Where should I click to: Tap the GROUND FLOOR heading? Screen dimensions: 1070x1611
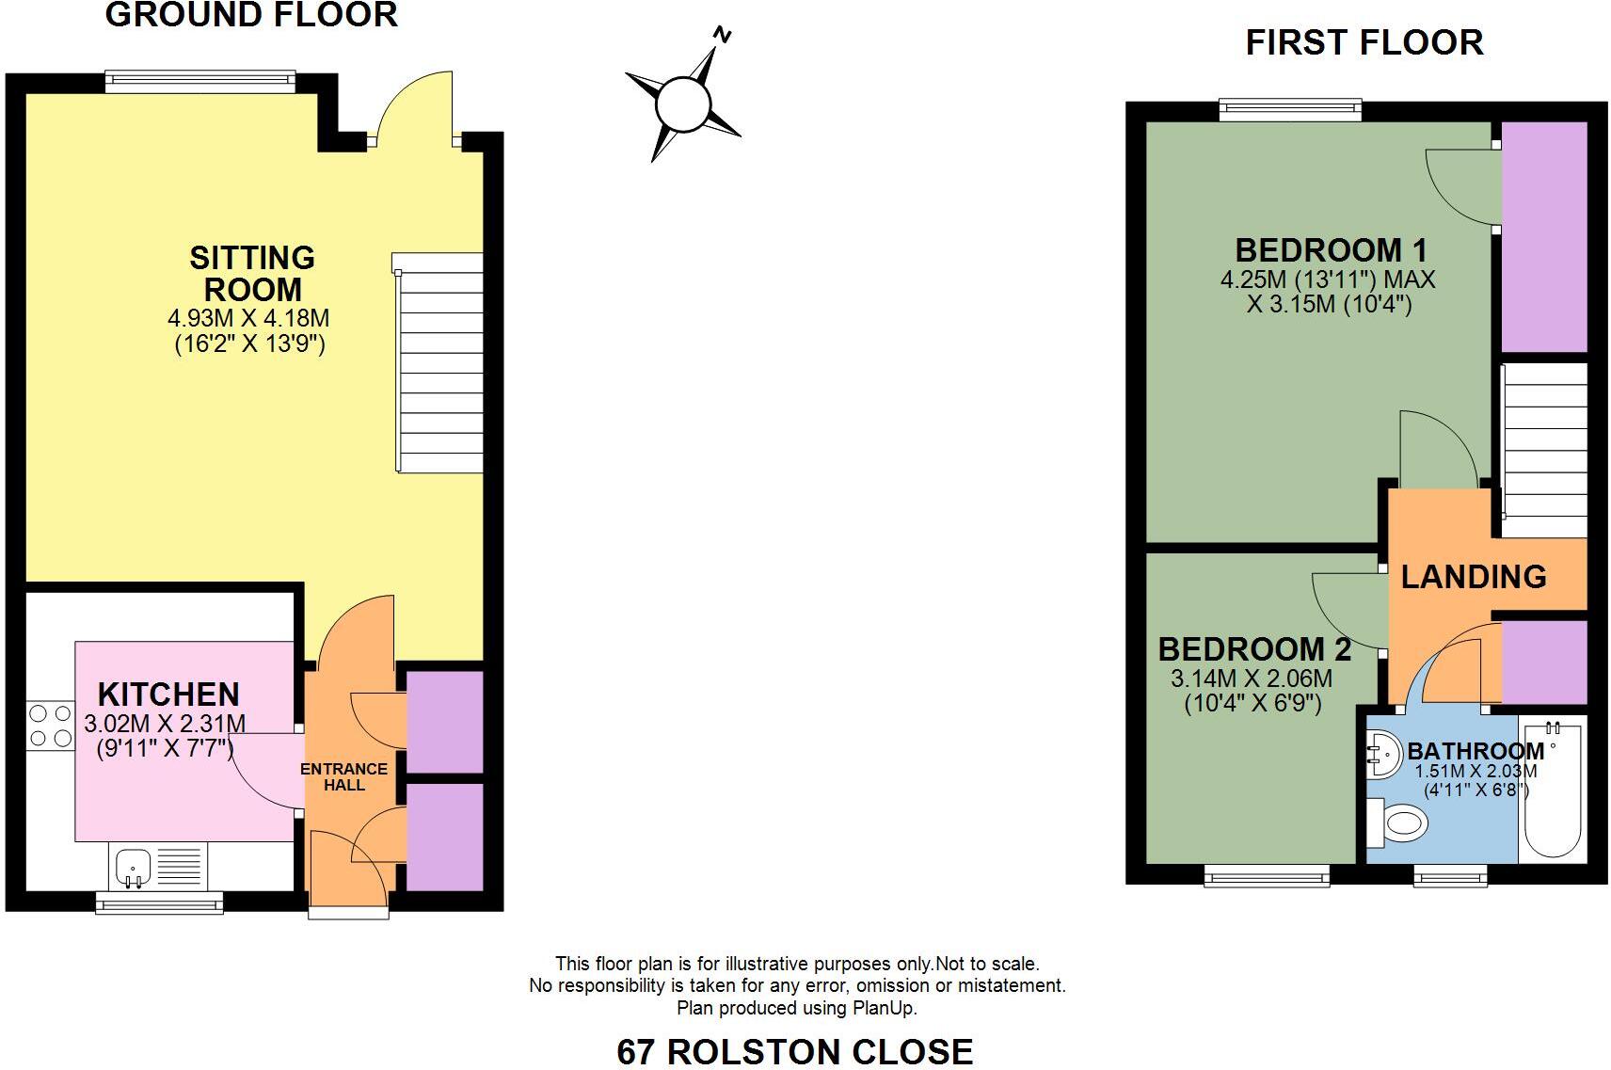250,15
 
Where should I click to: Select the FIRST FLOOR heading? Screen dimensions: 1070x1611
1364,42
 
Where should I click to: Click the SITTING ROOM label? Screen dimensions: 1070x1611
251,273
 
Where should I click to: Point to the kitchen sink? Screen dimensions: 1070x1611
132,865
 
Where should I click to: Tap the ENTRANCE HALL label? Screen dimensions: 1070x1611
343,776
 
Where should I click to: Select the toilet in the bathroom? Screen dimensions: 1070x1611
1399,825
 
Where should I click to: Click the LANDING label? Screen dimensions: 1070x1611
1473,576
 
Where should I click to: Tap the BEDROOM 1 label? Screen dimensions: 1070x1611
1331,250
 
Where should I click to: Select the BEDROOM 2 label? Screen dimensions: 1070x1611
1253,649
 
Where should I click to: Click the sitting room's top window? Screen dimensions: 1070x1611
200,82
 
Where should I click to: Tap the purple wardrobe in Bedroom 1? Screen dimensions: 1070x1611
1543,235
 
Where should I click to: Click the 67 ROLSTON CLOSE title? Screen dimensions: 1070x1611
794,1050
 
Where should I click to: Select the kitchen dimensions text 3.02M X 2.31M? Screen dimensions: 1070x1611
165,724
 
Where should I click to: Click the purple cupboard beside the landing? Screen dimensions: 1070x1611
1543,662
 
